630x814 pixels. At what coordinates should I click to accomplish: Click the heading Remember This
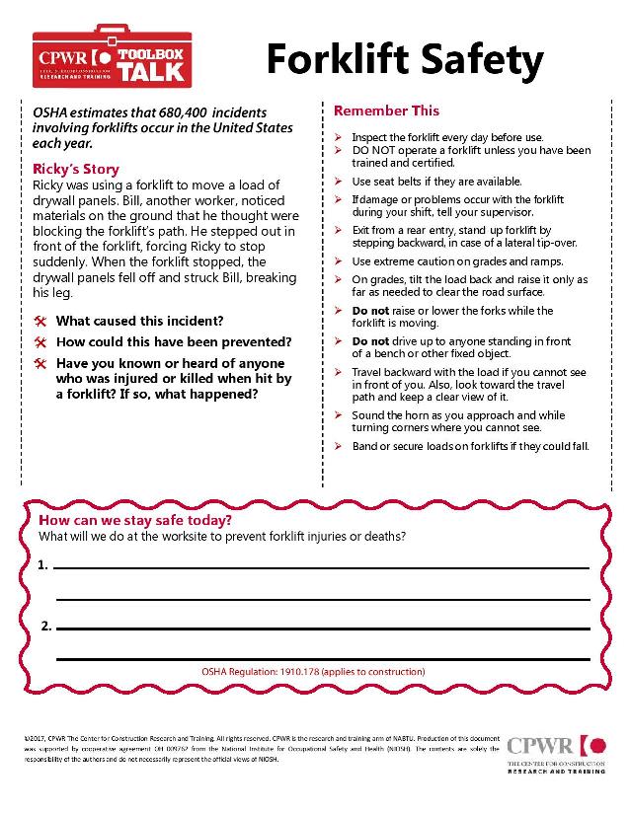click(x=386, y=111)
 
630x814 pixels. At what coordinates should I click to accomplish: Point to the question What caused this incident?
click(x=139, y=321)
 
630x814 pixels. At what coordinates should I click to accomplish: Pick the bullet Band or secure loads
click(x=470, y=446)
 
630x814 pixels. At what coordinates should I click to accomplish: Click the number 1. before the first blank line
click(x=42, y=566)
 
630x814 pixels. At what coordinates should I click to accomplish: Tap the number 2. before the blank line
click(x=46, y=627)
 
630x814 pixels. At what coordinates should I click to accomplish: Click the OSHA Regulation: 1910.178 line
click(x=312, y=671)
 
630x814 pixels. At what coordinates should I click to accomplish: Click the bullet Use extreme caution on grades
click(x=457, y=261)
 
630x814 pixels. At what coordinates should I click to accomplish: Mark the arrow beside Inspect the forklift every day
click(x=339, y=136)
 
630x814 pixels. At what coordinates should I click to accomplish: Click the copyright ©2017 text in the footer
click(x=39, y=737)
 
